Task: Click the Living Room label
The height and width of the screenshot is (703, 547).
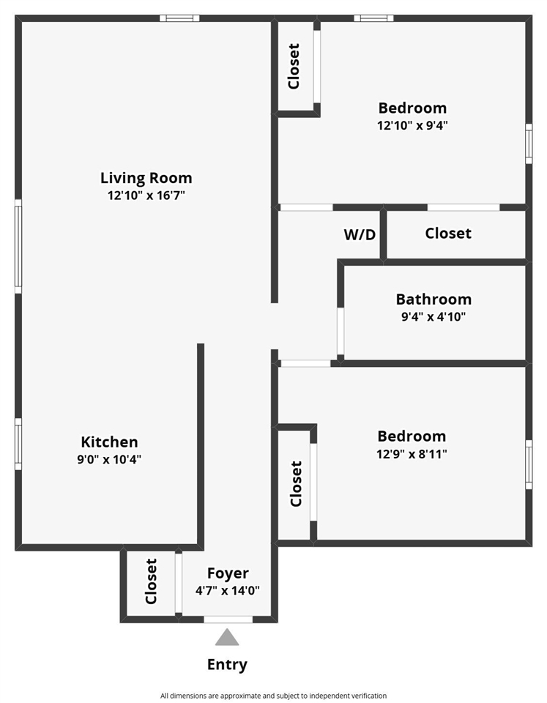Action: (x=146, y=178)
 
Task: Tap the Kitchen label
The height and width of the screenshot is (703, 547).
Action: (x=109, y=442)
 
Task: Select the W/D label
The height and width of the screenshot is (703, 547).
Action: (x=360, y=235)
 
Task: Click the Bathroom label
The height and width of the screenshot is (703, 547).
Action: (x=433, y=300)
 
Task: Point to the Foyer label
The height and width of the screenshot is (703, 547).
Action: (x=228, y=573)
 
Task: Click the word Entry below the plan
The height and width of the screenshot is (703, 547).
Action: (x=227, y=665)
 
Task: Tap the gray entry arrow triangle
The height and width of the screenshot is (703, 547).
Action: (x=227, y=638)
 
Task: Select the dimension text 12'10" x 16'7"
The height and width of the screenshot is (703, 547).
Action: (x=146, y=196)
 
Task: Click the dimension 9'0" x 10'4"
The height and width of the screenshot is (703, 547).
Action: (x=109, y=460)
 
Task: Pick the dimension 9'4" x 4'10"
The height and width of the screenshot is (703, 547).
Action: (x=433, y=317)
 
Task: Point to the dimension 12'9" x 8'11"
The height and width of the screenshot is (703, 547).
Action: (x=412, y=454)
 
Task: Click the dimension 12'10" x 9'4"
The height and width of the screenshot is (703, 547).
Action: (x=412, y=125)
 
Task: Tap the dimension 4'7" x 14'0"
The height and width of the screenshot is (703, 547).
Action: (x=228, y=590)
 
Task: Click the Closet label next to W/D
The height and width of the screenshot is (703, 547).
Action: (x=448, y=234)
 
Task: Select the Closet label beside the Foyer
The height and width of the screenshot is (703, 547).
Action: (x=152, y=581)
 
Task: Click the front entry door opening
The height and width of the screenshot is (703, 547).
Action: (x=228, y=620)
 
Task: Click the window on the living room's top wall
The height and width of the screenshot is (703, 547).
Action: (x=179, y=18)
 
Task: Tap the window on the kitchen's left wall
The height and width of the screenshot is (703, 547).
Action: (x=18, y=443)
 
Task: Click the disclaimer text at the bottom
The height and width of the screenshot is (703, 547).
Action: (x=273, y=696)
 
